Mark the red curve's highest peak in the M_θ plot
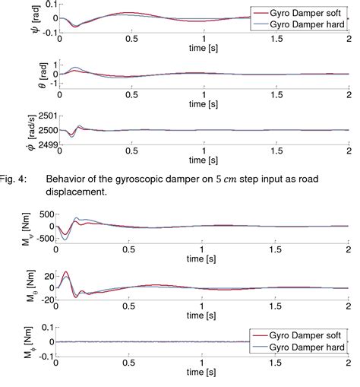click(67, 272)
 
